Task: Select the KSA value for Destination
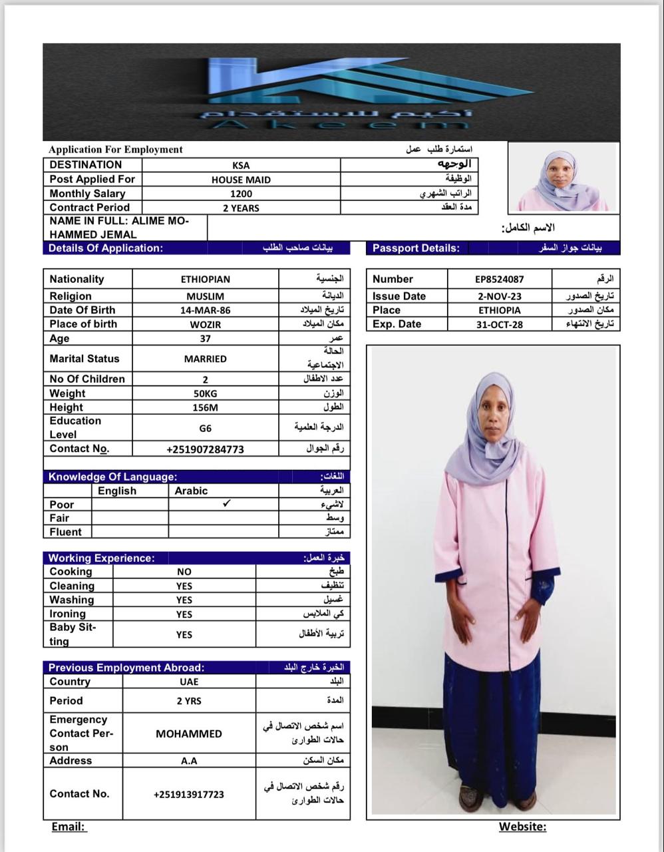tap(241, 165)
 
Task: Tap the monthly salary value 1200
tap(241, 194)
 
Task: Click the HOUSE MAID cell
tap(241, 180)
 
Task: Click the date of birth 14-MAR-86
tap(205, 310)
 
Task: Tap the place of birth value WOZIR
tap(205, 325)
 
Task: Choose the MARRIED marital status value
tap(205, 359)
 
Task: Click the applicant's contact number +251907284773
tap(205, 449)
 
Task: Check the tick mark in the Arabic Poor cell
tap(226, 504)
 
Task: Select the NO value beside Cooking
tap(184, 572)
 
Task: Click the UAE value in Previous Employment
tap(189, 682)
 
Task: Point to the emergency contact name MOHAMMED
tap(189, 734)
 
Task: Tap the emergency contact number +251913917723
tap(189, 795)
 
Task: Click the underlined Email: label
tap(69, 827)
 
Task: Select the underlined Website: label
tap(522, 827)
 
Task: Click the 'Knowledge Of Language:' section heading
tap(112, 477)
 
